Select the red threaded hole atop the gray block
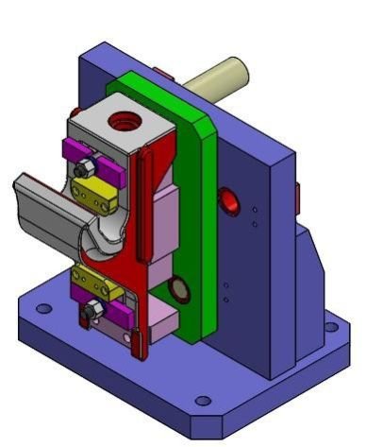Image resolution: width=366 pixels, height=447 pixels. pyautogui.click(x=122, y=120)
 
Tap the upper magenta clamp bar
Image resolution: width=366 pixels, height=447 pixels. pyautogui.click(x=94, y=161)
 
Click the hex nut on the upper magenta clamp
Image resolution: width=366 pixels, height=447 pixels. pyautogui.click(x=83, y=168)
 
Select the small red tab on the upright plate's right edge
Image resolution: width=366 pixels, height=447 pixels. pyautogui.click(x=297, y=196)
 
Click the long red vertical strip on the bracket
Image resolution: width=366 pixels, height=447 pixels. pyautogui.click(x=142, y=208)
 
